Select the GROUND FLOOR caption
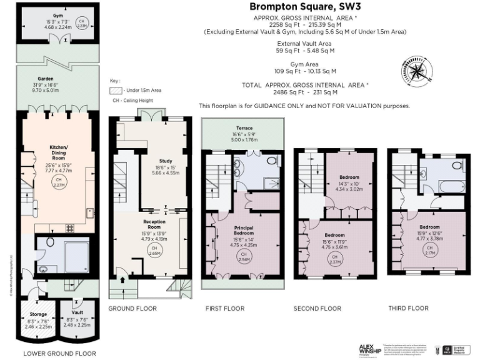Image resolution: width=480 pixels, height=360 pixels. pos(132,309)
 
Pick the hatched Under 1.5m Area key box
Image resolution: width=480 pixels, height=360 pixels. pos(116,90)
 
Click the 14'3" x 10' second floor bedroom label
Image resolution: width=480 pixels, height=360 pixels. pos(350,181)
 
